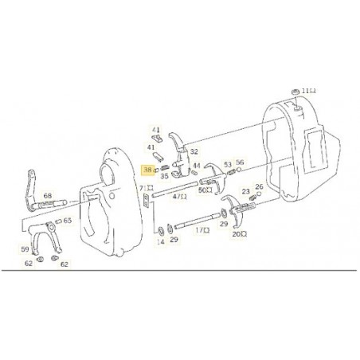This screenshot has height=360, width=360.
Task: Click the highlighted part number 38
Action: pyautogui.click(x=147, y=170)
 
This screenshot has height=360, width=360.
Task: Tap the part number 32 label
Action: pyautogui.click(x=194, y=151)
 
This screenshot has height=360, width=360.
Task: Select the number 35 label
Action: pyautogui.click(x=165, y=176)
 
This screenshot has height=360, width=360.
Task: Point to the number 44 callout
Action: pyautogui.click(x=197, y=166)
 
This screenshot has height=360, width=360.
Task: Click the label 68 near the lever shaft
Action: pyautogui.click(x=48, y=196)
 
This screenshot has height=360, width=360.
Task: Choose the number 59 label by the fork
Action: pyautogui.click(x=25, y=249)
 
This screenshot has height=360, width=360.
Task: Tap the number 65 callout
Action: pyautogui.click(x=68, y=221)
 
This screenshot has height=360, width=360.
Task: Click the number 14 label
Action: pyautogui.click(x=161, y=241)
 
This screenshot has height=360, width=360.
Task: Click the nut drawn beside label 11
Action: pyautogui.click(x=294, y=92)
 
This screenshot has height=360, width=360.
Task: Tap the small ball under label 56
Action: pyautogui.click(x=239, y=169)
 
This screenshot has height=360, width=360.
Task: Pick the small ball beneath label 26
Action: pyautogui.click(x=259, y=194)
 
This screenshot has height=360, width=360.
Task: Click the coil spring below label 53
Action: pyautogui.click(x=231, y=172)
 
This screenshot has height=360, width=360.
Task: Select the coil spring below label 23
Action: pyautogui.click(x=252, y=198)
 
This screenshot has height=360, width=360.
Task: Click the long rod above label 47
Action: pyautogui.click(x=175, y=189)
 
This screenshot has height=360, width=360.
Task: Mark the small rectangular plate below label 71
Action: pyautogui.click(x=146, y=201)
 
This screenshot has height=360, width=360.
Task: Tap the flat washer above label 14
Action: pyautogui.click(x=161, y=231)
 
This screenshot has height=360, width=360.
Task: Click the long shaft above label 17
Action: pyautogui.click(x=197, y=220)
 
